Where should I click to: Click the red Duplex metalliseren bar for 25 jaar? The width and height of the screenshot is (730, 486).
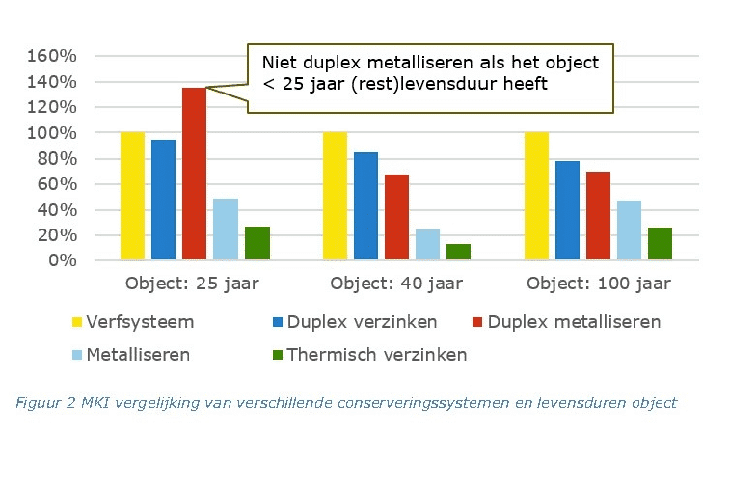point(194,174)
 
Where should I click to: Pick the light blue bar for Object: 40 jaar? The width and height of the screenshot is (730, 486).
point(427,245)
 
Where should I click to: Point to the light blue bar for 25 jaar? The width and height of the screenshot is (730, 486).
point(225,229)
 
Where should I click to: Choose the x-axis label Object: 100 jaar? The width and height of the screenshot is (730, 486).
point(598,284)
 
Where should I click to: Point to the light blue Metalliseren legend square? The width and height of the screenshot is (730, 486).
point(76,355)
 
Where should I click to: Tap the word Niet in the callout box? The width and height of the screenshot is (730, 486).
point(281,63)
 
